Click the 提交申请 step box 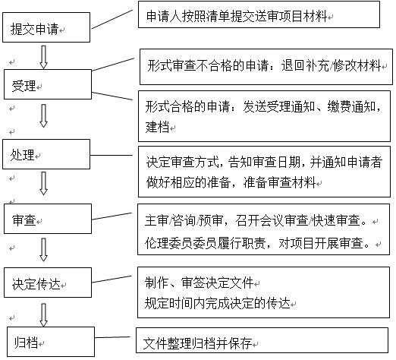(46, 27)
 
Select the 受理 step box (48, 84)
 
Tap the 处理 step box (46, 154)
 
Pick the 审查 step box (48, 219)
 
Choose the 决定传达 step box (48, 283)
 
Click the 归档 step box (51, 342)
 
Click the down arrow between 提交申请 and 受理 (43, 57)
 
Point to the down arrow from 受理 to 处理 (43, 115)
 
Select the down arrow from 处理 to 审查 (43, 183)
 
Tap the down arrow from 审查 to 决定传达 (43, 250)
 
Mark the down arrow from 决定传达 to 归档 (43, 315)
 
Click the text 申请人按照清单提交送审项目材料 (237, 16)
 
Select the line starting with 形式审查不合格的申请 (264, 65)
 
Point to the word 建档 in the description (157, 127)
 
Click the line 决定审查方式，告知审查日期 (264, 162)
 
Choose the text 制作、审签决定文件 (199, 283)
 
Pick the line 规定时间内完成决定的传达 (217, 303)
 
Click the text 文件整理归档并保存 (197, 343)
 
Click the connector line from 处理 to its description (112, 155)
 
